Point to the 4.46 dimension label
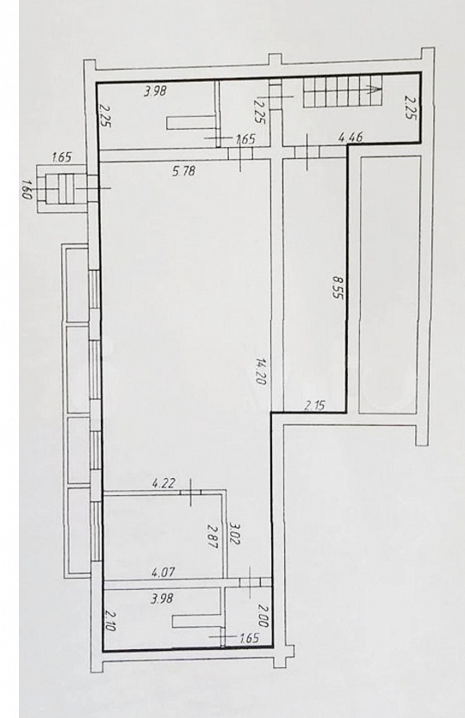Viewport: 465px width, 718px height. coord(350,136)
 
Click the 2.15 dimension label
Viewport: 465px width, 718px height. coord(314,404)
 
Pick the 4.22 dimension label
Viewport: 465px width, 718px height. coord(164,483)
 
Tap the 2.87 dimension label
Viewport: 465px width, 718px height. coord(212,537)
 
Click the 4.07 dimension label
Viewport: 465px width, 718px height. coord(164,572)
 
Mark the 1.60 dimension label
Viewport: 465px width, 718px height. coord(26,189)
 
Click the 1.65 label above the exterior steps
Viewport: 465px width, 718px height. coord(62,158)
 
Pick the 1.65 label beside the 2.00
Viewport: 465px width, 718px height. coord(250,638)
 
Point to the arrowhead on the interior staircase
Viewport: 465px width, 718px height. coord(375,89)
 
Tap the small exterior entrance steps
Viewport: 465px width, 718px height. coord(65,188)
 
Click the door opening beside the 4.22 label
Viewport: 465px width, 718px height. coord(190,492)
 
